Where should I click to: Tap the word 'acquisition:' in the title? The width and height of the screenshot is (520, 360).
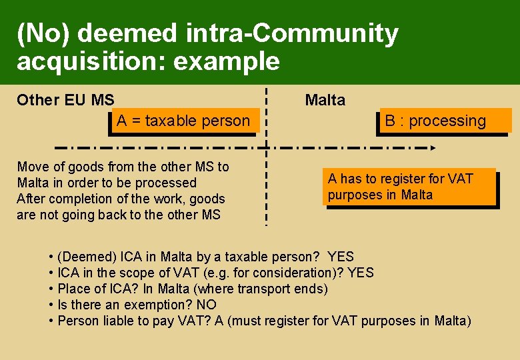click(91, 61)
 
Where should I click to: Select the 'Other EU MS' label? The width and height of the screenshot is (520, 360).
click(65, 100)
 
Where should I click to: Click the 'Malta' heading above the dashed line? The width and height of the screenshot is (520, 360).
click(325, 100)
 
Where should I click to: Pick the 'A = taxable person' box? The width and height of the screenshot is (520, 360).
click(183, 121)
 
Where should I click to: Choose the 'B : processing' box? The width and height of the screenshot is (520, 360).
click(444, 121)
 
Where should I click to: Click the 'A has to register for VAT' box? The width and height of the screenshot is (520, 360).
click(411, 187)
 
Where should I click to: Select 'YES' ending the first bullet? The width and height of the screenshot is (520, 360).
click(341, 257)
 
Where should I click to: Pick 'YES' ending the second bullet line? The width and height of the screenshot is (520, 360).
click(361, 273)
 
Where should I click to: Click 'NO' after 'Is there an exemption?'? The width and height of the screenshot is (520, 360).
click(207, 305)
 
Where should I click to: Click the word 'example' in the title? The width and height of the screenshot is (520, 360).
click(227, 61)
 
